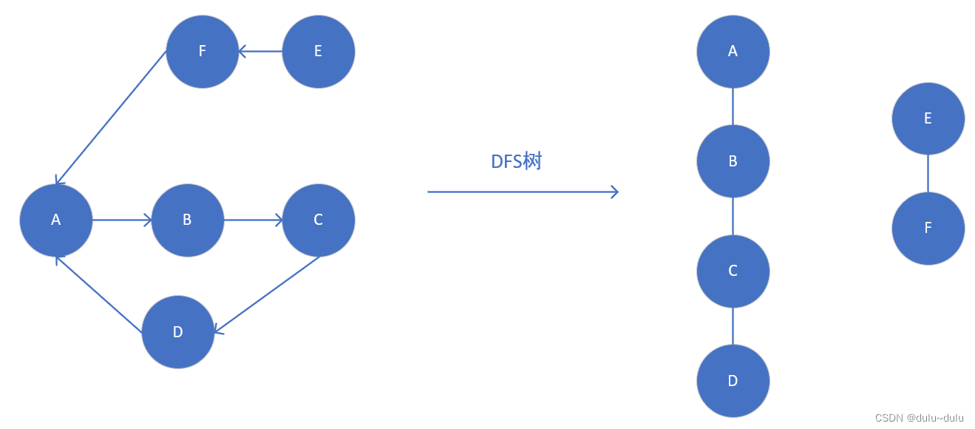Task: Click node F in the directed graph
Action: tap(203, 52)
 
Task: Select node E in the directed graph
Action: tap(319, 52)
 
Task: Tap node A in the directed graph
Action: tap(56, 220)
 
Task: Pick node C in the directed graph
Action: tap(319, 220)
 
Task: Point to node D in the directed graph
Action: tap(178, 332)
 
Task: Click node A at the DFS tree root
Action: tap(733, 52)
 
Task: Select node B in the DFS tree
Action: tap(733, 161)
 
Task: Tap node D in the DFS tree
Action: tap(733, 381)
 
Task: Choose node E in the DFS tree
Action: tap(928, 118)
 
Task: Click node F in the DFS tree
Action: tap(928, 229)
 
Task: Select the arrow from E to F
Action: tap(260, 52)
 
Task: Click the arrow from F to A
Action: tap(111, 118)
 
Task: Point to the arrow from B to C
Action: tap(254, 220)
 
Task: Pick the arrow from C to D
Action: tap(266, 294)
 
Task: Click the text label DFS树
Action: tap(516, 162)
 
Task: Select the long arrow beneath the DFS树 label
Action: tap(523, 192)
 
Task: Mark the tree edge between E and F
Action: tap(928, 174)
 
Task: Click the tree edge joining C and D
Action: tap(733, 326)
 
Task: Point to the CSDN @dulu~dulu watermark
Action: tap(919, 418)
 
